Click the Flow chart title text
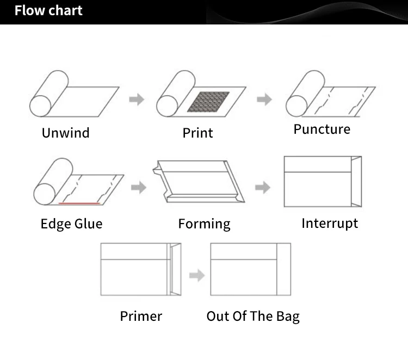(48, 11)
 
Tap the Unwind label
(65, 133)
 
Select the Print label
(197, 133)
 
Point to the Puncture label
(322, 129)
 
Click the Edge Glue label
(71, 224)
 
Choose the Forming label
(204, 224)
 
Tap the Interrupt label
(330, 223)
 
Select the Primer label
(141, 316)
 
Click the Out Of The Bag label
(252, 316)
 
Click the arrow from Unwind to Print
(137, 100)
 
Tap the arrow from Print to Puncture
(264, 100)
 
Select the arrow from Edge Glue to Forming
(139, 188)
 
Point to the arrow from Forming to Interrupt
(263, 188)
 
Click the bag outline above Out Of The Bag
(250, 269)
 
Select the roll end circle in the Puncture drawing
(296, 105)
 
